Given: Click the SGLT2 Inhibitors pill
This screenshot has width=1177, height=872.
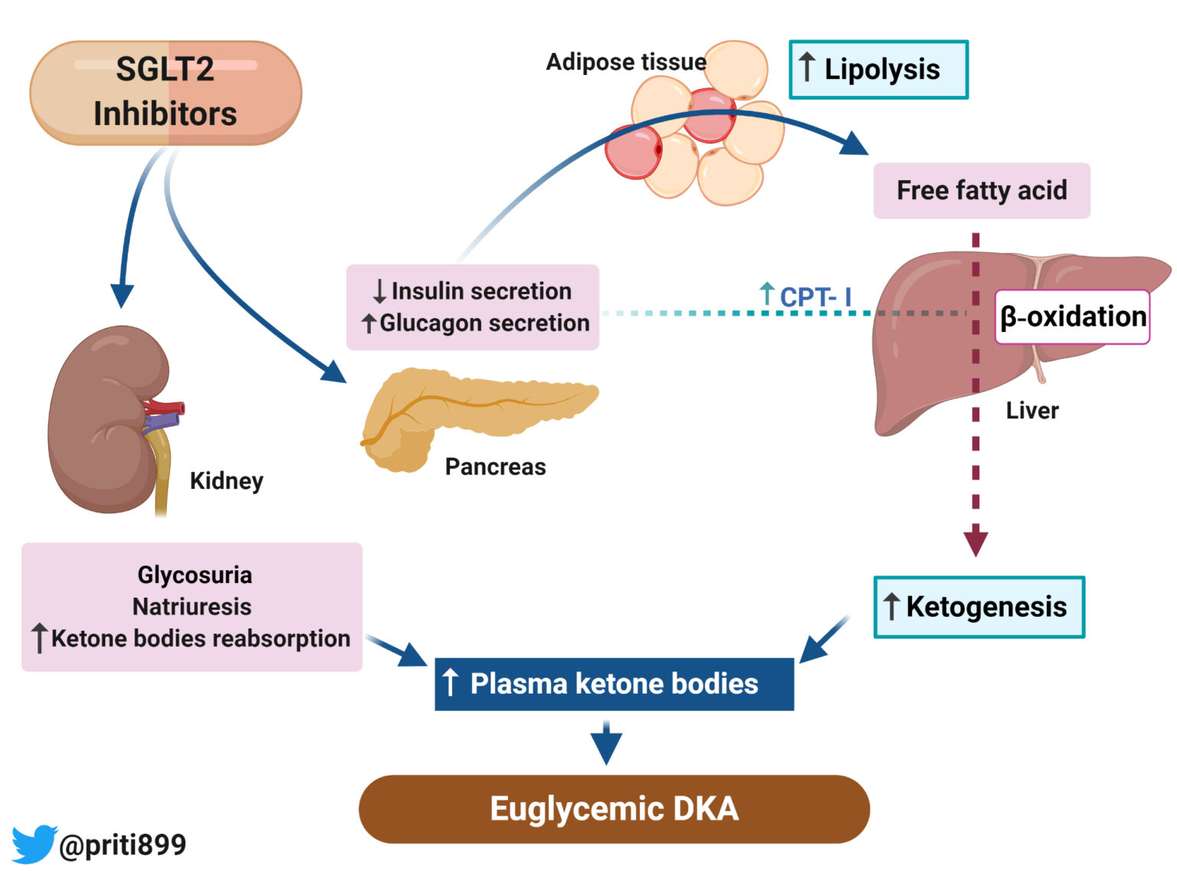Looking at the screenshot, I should pos(166,93).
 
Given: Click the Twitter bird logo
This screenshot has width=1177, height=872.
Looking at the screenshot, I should pos(34,843).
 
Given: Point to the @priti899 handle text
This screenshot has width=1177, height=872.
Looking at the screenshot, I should pos(123,844).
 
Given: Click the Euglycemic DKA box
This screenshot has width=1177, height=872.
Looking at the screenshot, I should pos(614,809).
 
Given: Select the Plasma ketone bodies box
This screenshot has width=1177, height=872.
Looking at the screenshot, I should pos(614,684).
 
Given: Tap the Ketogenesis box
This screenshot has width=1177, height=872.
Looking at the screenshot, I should pos(979,607).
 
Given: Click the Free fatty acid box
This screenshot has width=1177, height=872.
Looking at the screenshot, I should pos(981,190).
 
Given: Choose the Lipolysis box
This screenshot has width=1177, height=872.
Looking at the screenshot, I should pos(878,70).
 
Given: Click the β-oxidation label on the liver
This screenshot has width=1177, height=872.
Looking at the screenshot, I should pos(1072,316).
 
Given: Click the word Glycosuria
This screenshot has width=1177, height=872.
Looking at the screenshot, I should pos(195,575).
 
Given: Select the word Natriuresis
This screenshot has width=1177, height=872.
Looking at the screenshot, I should pos(192,606).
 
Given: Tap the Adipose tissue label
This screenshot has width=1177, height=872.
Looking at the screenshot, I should pos(625,62).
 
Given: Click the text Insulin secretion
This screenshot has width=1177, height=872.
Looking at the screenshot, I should pos(481,291).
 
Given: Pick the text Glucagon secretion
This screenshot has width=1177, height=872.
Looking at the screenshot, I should pos(484,323).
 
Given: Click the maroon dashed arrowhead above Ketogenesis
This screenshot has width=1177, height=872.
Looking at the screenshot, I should pos(975,541).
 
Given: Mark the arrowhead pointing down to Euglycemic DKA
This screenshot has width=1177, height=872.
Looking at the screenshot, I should pos(606,748).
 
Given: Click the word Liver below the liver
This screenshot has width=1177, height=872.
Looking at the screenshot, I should pos(1031,411).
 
